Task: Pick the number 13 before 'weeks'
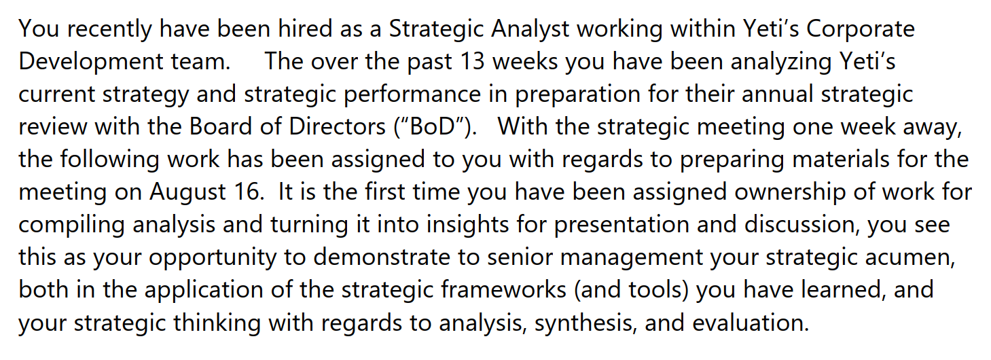pyautogui.click(x=471, y=62)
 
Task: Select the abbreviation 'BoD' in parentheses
pyautogui.click(x=436, y=127)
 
